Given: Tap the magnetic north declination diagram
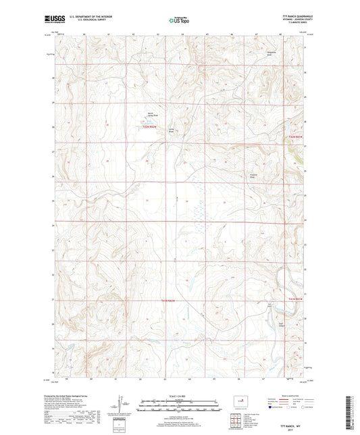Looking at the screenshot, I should [122, 409].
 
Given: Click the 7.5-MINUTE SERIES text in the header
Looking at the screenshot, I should [291, 24].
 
